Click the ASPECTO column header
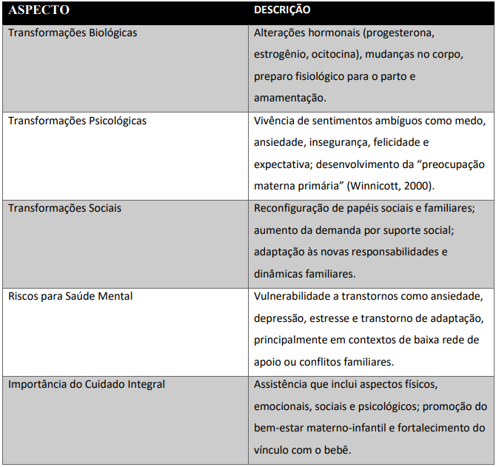coord(38,11)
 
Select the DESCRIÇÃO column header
coord(282,11)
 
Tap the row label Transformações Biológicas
coord(73,33)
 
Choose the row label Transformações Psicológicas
coord(77,121)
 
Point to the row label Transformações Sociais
coord(64,208)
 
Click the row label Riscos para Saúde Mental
coord(70,296)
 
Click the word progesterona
coord(403,33)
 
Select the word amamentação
coord(289,98)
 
